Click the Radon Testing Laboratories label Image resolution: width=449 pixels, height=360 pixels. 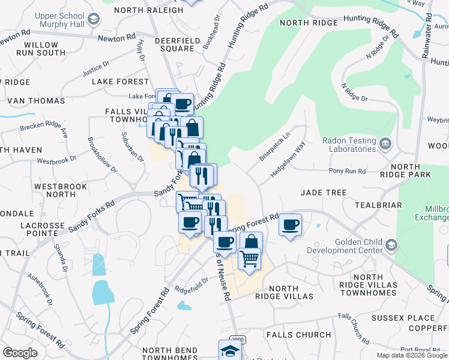click(x=349, y=145)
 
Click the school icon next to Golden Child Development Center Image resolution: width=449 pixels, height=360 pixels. click(x=391, y=244)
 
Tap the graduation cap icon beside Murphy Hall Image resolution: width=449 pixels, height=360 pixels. click(x=93, y=19)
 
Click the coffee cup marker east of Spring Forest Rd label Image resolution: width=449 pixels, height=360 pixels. click(x=291, y=225)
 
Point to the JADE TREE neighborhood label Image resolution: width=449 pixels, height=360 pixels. click(x=324, y=193)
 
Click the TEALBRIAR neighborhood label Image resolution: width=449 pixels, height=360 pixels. click(x=378, y=205)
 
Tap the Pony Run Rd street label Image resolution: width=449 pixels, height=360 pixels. click(x=347, y=171)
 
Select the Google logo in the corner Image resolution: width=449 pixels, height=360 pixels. click(x=20, y=352)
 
